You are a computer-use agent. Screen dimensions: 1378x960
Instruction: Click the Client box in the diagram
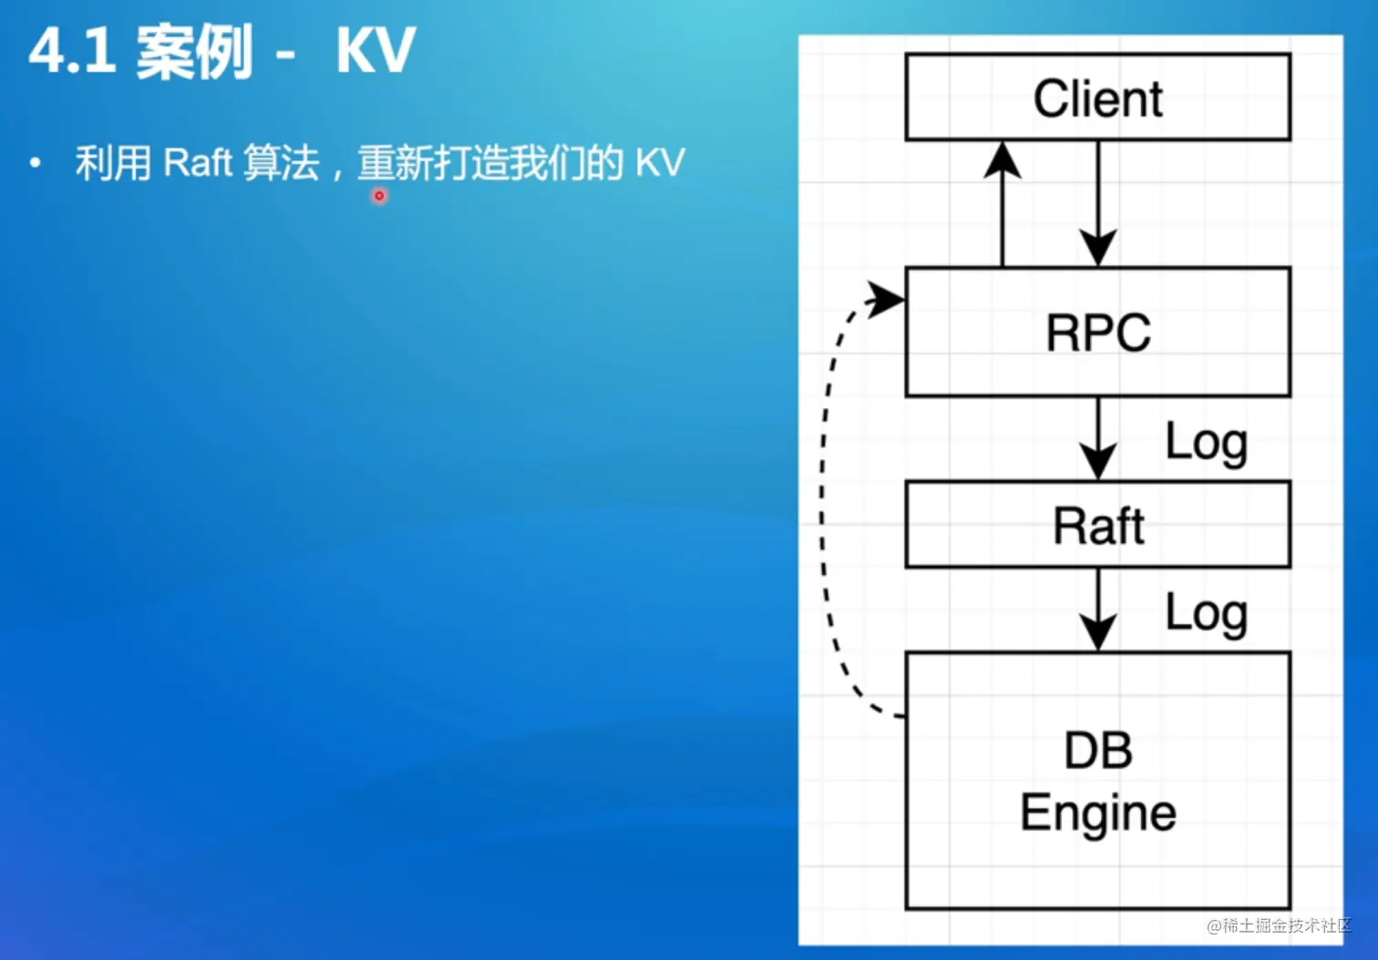(1098, 97)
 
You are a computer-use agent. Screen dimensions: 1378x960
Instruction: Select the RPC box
(1098, 332)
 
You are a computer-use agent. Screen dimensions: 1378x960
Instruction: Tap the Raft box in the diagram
(1098, 525)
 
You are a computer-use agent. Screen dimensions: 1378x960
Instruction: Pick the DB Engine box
(1098, 781)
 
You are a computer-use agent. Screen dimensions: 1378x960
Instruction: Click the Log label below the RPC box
(1207, 444)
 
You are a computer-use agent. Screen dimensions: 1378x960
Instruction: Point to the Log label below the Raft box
(1207, 615)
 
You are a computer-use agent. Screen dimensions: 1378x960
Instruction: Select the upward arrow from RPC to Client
(1003, 204)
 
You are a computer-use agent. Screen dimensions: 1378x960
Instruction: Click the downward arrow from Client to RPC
(1099, 204)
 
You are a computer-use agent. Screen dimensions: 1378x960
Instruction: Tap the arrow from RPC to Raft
(1099, 439)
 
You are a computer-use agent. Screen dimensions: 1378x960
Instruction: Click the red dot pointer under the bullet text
(379, 196)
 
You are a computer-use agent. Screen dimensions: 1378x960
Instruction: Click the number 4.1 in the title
(72, 50)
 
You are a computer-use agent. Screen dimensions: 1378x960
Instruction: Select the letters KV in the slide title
(375, 50)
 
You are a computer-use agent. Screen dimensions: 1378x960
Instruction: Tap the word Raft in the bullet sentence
(198, 162)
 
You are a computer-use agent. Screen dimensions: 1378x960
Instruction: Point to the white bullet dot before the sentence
(36, 163)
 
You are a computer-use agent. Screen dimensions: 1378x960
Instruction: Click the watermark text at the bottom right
(1279, 925)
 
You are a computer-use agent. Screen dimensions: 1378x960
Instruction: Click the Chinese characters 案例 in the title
(194, 52)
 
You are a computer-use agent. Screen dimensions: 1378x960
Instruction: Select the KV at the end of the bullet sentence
(660, 162)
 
